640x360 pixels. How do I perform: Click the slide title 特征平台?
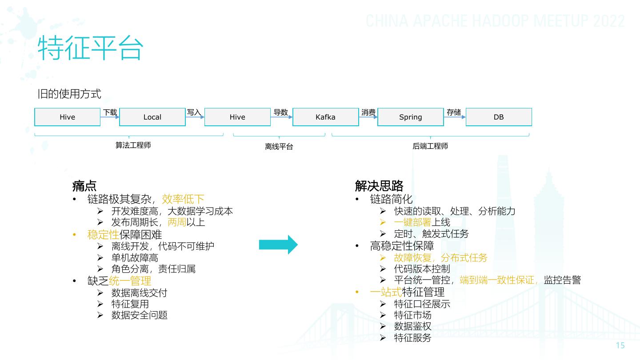[90, 48]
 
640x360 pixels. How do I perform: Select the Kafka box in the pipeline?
[325, 117]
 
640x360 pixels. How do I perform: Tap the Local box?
[152, 117]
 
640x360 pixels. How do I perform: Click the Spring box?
[410, 117]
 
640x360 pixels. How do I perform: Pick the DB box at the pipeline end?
[498, 117]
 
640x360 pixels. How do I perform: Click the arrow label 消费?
[368, 112]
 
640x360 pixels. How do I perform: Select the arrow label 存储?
[454, 112]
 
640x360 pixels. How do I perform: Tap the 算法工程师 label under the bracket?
[133, 145]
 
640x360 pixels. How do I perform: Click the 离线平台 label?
[279, 146]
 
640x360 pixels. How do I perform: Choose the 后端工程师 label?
[430, 146]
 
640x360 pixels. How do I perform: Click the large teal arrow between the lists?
[278, 244]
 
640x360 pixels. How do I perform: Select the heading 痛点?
[84, 186]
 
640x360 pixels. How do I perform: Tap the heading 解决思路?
[379, 186]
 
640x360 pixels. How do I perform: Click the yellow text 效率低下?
[183, 199]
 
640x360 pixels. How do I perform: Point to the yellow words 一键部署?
[413, 222]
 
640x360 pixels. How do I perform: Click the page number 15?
[620, 346]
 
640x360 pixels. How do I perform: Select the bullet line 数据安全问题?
[139, 315]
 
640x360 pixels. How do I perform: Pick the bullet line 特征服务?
[412, 338]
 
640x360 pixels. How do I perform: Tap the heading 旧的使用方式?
[69, 94]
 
